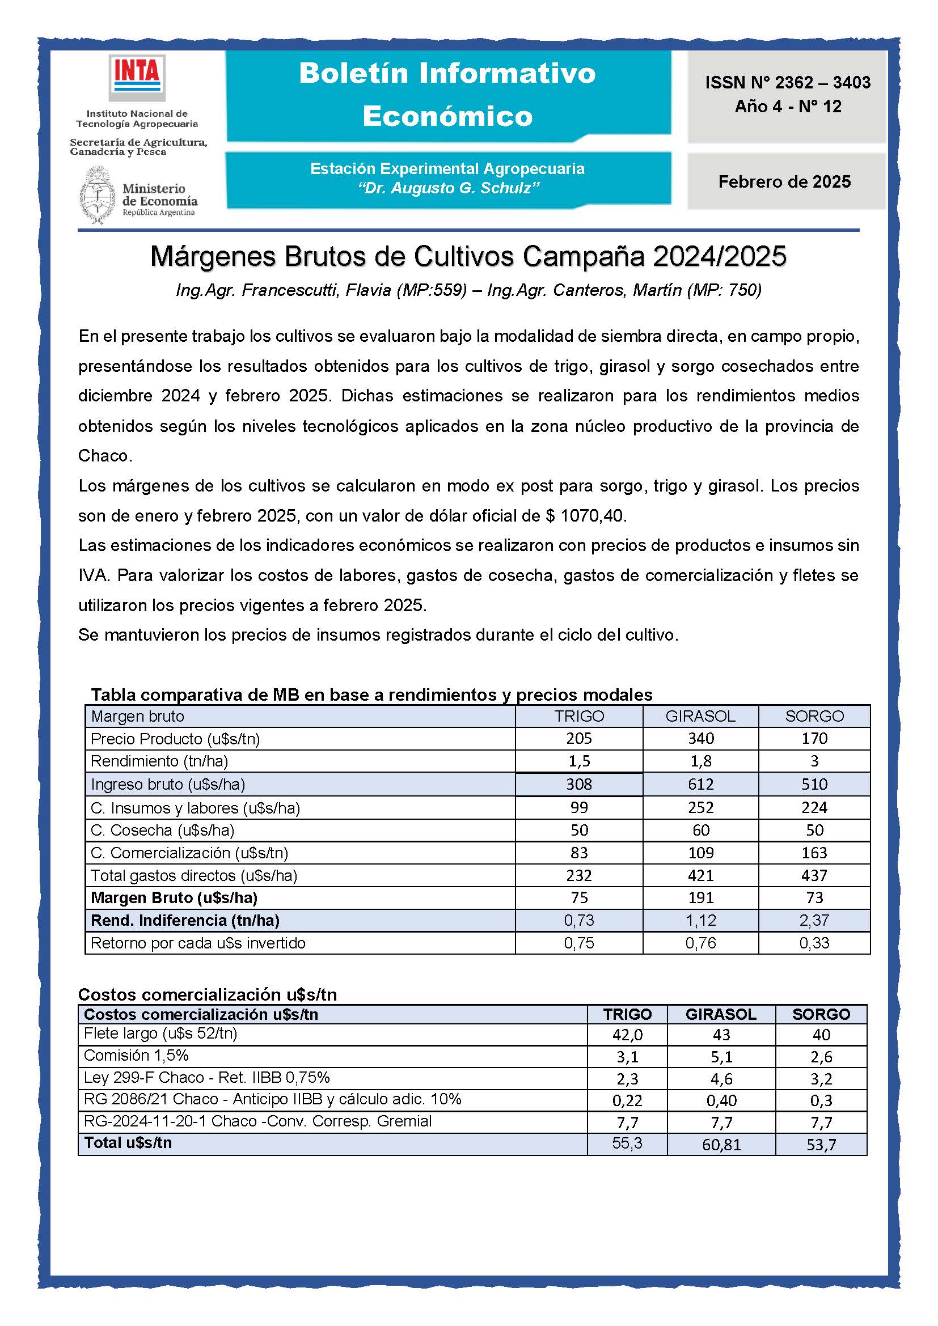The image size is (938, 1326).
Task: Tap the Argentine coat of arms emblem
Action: [x=97, y=195]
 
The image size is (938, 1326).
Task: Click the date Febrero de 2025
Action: [x=784, y=182]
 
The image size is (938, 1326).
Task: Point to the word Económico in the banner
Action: [x=447, y=116]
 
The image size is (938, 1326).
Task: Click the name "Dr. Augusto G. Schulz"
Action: [x=448, y=188]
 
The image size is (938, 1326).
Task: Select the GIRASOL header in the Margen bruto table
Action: [x=700, y=716]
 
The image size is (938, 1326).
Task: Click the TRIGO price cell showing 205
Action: [x=579, y=739]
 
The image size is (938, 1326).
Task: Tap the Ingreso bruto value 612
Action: [x=700, y=784]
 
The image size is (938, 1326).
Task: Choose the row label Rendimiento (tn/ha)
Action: [x=159, y=761]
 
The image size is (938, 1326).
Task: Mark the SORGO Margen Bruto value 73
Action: [x=814, y=897]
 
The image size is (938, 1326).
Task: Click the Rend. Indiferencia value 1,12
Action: [x=700, y=920]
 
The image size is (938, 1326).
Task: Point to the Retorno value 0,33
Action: [x=814, y=943]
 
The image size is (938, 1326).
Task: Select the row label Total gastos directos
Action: [x=193, y=875]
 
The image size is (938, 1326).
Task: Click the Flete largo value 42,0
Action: [x=627, y=1035]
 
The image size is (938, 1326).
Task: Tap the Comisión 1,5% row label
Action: [x=136, y=1056]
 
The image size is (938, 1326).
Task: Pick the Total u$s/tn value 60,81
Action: [x=721, y=1145]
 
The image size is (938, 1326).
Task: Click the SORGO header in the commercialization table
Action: [x=821, y=1014]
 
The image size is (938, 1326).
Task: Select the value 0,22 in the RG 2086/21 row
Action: [x=627, y=1101]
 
